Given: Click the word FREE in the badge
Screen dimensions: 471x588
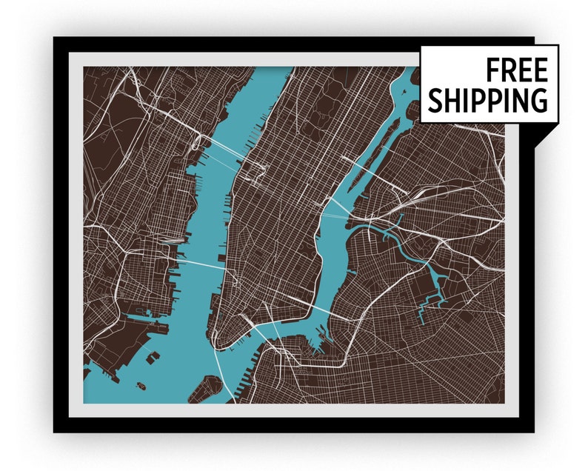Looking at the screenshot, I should pyautogui.click(x=516, y=71).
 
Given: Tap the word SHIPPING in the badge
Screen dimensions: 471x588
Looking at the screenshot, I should pyautogui.click(x=488, y=100).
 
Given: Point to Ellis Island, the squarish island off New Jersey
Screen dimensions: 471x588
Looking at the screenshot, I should pyautogui.click(x=153, y=357).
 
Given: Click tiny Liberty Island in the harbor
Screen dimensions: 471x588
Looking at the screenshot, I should pyautogui.click(x=140, y=384).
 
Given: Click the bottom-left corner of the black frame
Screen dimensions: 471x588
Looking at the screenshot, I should pyautogui.click(x=56, y=430).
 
